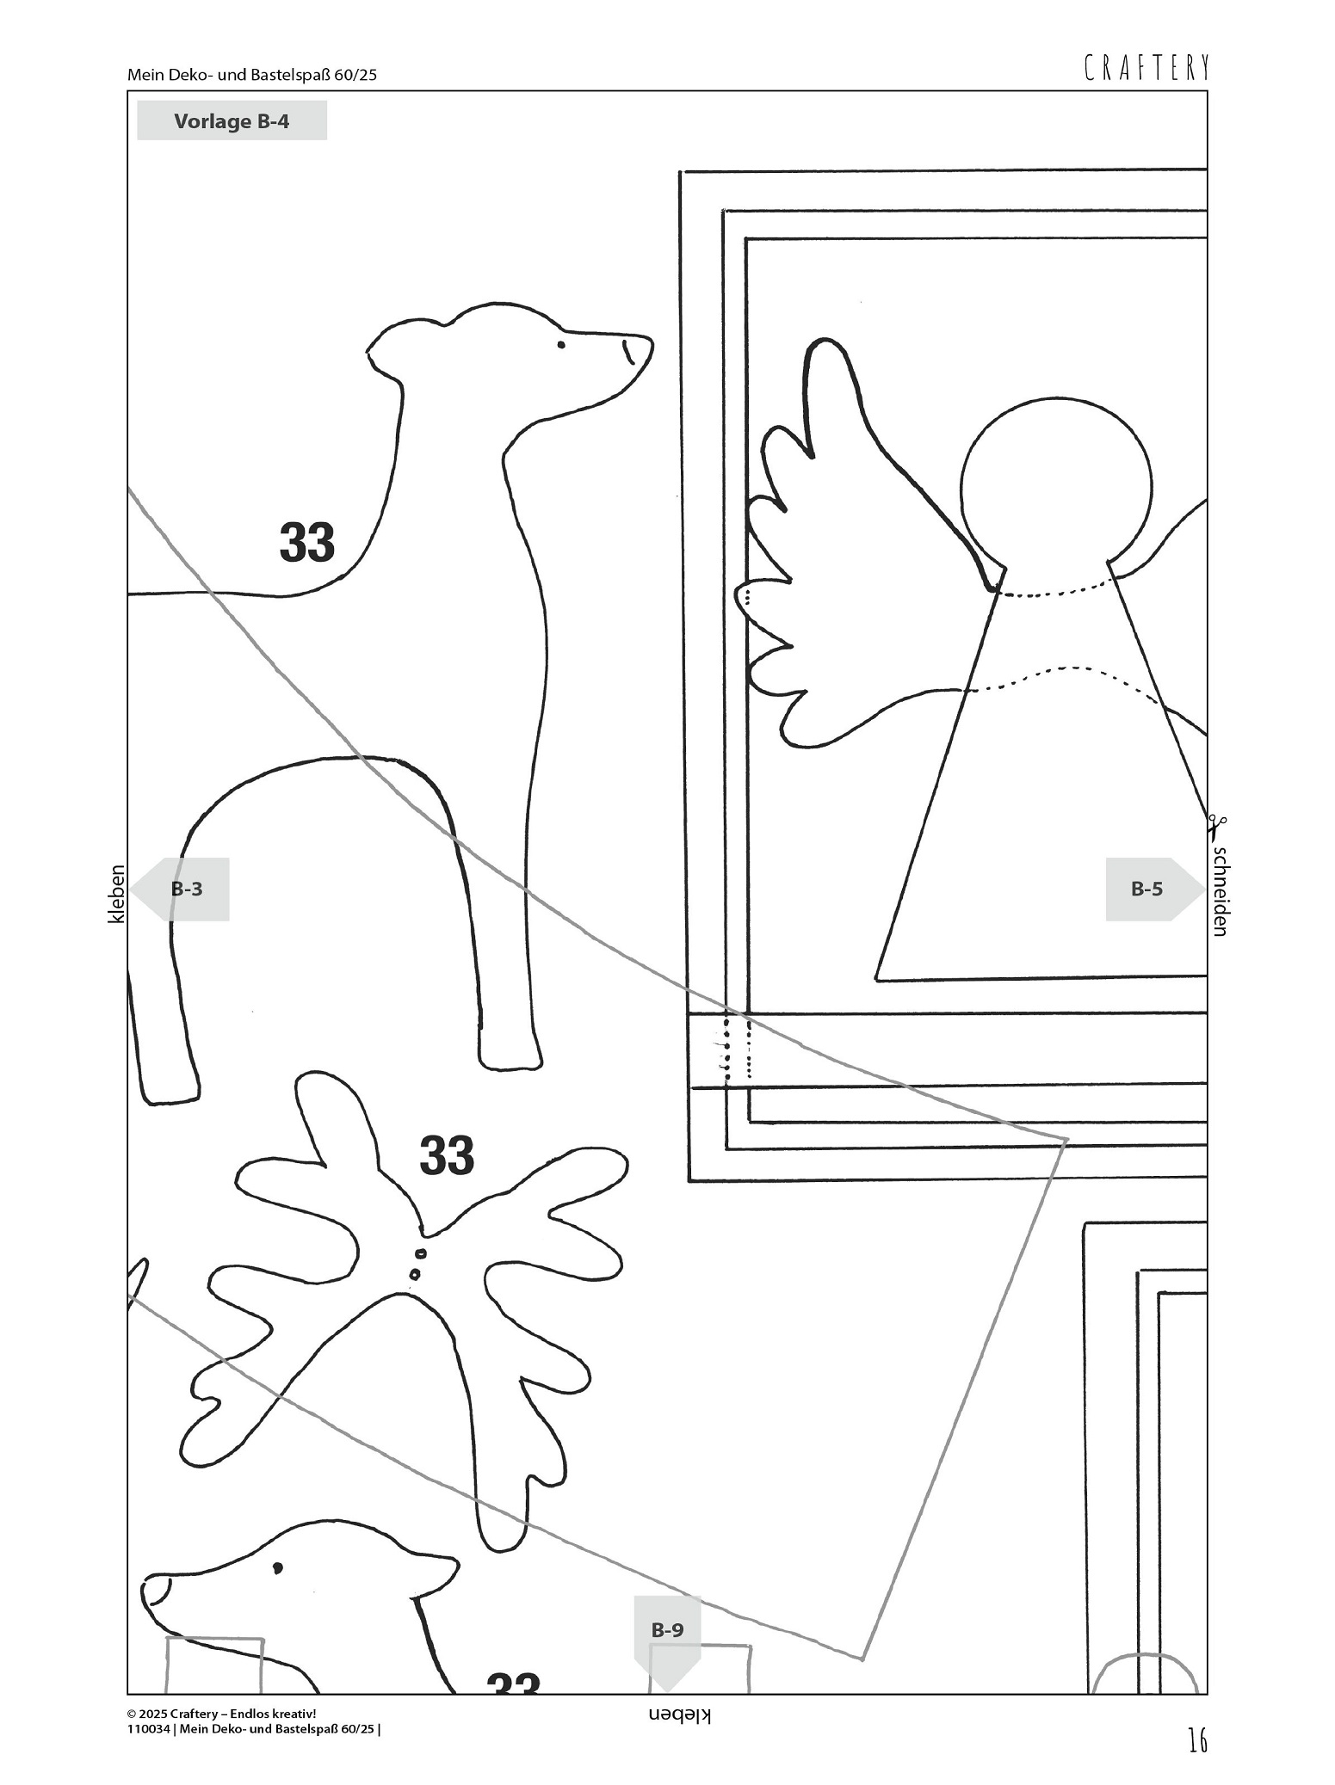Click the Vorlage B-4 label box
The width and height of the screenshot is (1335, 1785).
click(232, 120)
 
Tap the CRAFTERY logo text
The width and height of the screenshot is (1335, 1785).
click(1146, 67)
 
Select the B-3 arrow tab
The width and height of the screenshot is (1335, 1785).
click(179, 889)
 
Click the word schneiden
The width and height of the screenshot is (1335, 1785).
click(1219, 891)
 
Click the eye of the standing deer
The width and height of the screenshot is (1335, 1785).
click(561, 345)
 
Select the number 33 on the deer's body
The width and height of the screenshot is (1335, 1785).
click(307, 543)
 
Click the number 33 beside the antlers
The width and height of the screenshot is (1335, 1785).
click(448, 1155)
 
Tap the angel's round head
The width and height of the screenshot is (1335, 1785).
click(1056, 486)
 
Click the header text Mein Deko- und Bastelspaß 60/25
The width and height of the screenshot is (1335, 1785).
click(252, 75)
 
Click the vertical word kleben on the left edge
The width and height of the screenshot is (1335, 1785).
click(116, 895)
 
